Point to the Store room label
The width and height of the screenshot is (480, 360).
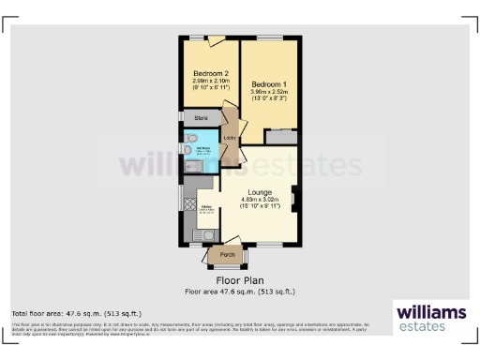coord(201,119)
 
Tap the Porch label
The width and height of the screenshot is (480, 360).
coord(227,254)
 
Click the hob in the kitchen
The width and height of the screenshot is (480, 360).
coord(189,202)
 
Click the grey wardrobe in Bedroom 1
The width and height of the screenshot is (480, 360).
coord(280,137)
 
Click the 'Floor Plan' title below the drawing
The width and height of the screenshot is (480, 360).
coord(239,279)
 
